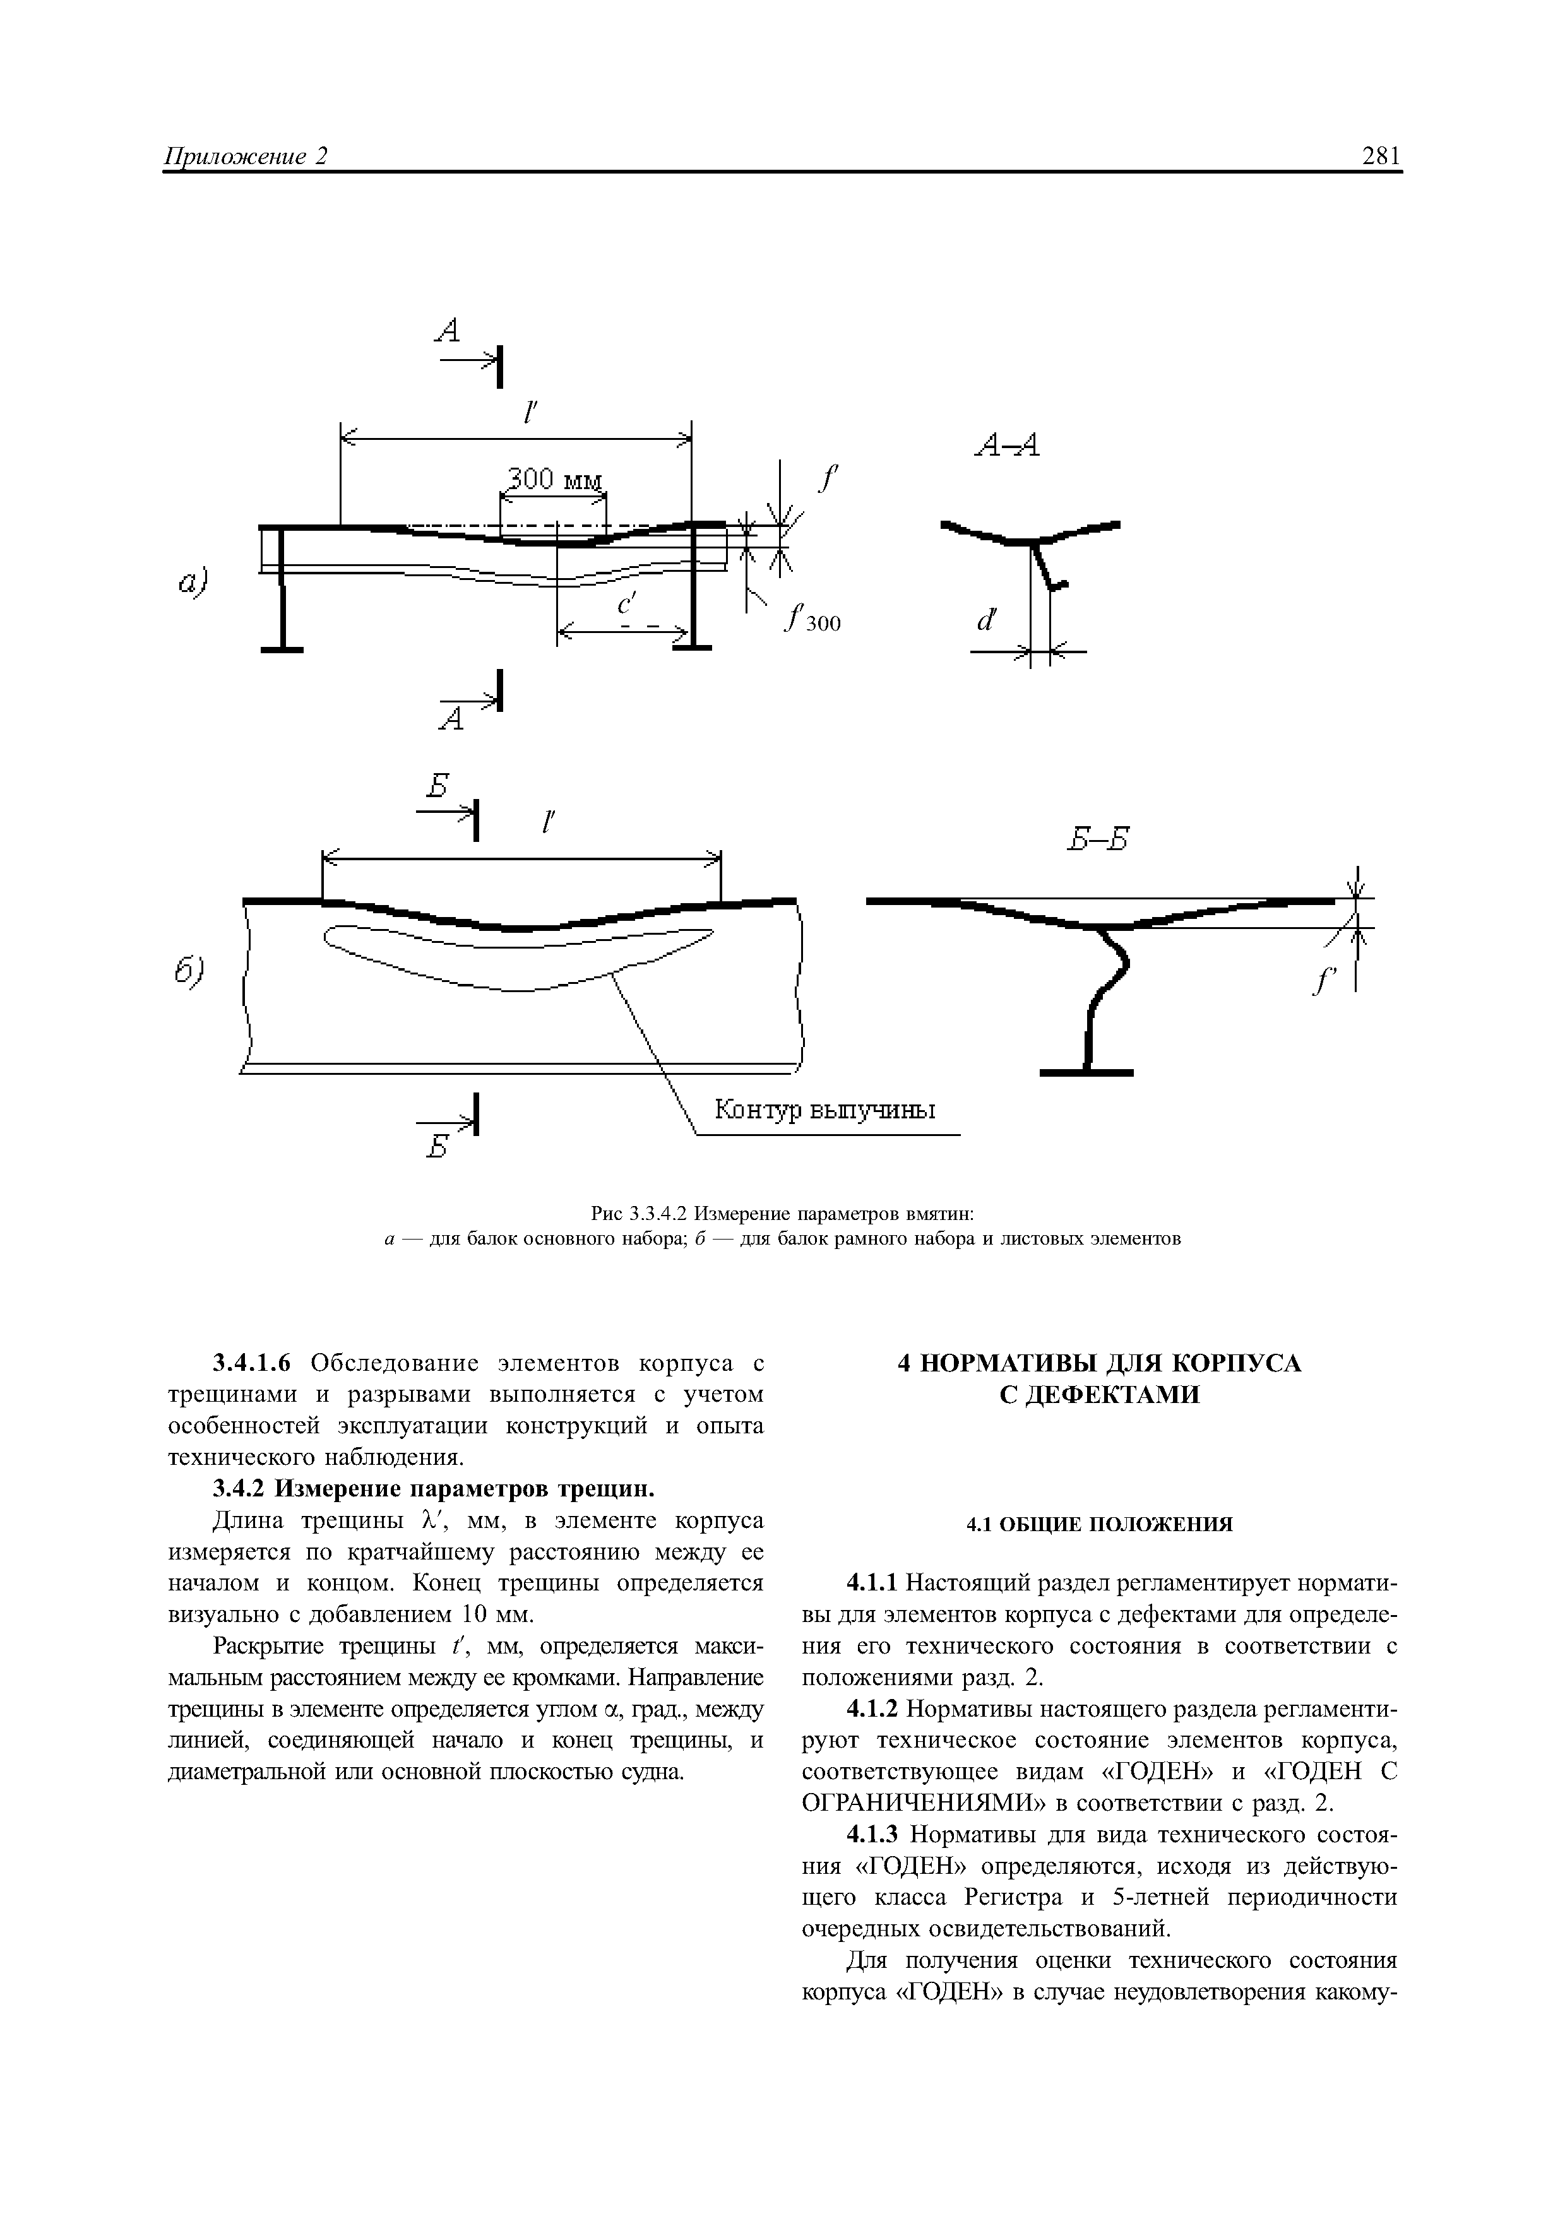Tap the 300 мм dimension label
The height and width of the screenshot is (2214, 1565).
[554, 479]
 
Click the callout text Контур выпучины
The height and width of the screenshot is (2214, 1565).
[824, 1111]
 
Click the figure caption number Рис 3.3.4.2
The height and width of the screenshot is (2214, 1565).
[640, 1212]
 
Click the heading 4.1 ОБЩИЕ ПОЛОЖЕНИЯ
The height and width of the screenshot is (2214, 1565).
[1099, 1525]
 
